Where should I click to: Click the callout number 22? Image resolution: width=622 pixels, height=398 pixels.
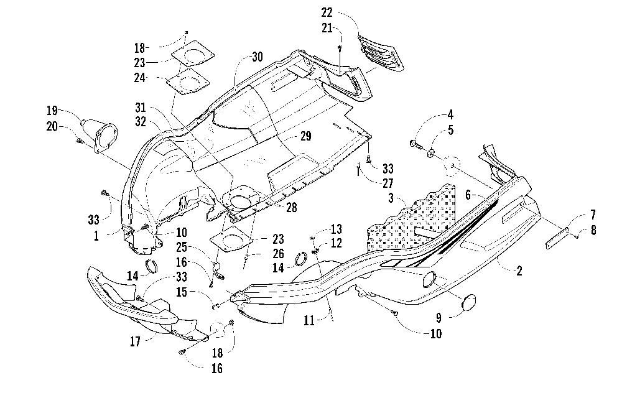327,12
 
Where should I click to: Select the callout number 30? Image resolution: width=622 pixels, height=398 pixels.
258,57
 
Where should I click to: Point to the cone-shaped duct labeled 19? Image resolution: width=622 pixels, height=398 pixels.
99,134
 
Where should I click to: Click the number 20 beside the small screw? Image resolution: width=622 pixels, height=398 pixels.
52,126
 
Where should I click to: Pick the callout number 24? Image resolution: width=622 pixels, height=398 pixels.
139,78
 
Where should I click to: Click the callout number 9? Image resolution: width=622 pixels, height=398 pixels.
439,318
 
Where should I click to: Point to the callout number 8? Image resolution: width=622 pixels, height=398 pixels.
593,230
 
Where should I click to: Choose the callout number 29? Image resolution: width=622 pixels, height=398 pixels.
305,136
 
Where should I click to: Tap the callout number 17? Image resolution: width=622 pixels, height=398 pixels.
135,341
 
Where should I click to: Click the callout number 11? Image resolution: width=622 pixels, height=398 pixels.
309,320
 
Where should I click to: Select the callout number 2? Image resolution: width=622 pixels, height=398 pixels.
519,271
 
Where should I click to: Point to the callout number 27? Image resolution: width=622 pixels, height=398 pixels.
388,183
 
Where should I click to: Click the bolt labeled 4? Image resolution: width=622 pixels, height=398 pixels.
414,144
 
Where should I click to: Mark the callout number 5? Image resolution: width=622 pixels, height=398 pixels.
450,130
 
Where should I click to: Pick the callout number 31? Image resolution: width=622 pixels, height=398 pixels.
141,108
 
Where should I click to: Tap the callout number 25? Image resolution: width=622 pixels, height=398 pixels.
182,247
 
